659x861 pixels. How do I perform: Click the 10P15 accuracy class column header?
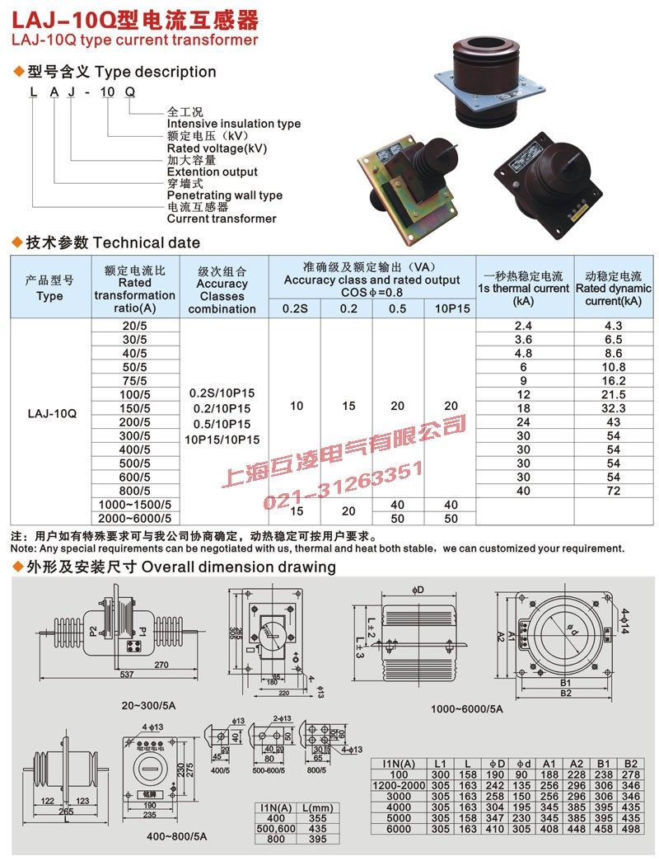pyautogui.click(x=451, y=308)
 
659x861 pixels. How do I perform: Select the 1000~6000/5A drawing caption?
pyautogui.click(x=466, y=708)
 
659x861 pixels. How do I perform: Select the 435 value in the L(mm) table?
pyautogui.click(x=306, y=828)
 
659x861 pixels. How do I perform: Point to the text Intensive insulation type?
pyautogui.click(x=234, y=124)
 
